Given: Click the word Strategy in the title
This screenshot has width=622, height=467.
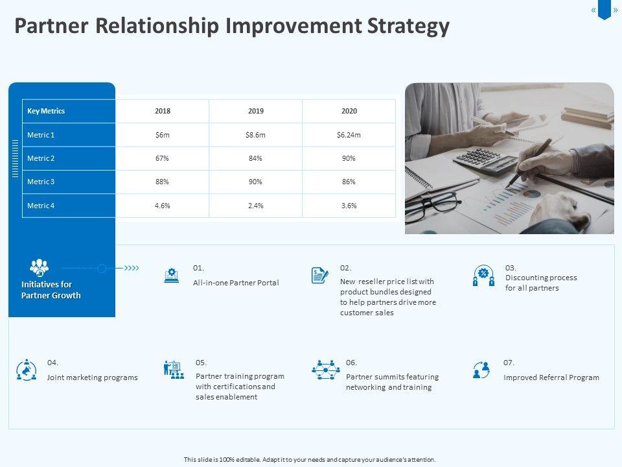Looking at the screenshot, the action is (409, 27).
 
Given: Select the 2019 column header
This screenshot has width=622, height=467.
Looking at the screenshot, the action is (256, 111).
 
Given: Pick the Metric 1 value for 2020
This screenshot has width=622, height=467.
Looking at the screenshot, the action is (349, 135).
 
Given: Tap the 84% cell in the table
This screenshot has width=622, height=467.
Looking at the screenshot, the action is (255, 158).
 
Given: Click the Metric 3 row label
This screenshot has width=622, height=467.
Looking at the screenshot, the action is (41, 182).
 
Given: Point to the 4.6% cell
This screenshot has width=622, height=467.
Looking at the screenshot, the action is (162, 206).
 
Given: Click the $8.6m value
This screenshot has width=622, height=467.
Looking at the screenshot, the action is (255, 135).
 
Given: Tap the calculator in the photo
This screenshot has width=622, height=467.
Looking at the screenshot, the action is (486, 161).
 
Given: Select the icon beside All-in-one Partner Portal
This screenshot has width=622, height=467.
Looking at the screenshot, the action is (171, 275).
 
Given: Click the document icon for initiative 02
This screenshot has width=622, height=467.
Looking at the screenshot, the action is (319, 275).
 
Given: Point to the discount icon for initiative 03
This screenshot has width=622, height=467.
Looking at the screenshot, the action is (483, 276).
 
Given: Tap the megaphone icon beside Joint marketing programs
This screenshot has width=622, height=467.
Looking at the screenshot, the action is (27, 370).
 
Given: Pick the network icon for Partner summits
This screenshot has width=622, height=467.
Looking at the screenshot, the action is (326, 370).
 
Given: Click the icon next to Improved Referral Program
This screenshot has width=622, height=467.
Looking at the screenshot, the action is (481, 370).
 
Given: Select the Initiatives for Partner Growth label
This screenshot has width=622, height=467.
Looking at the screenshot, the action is (51, 290).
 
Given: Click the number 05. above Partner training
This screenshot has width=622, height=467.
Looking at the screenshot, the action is (201, 363).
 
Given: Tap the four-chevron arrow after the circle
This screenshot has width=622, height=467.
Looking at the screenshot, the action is (132, 269).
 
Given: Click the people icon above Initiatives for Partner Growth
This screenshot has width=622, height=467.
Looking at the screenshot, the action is (39, 268).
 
